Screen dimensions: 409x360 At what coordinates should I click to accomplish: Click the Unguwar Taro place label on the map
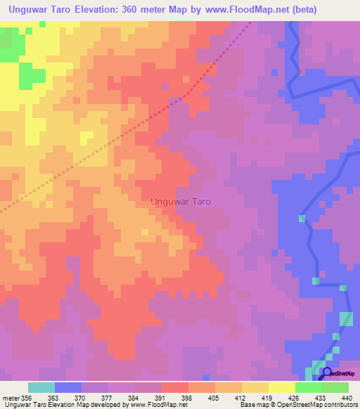tap(181, 201)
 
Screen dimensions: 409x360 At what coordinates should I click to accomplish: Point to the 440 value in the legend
tap(346, 396)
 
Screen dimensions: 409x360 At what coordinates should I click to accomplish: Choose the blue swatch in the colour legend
tap(68, 387)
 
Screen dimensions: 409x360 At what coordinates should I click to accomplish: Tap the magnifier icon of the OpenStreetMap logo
tap(326, 372)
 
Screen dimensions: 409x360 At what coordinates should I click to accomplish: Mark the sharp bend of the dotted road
tap(184, 96)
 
